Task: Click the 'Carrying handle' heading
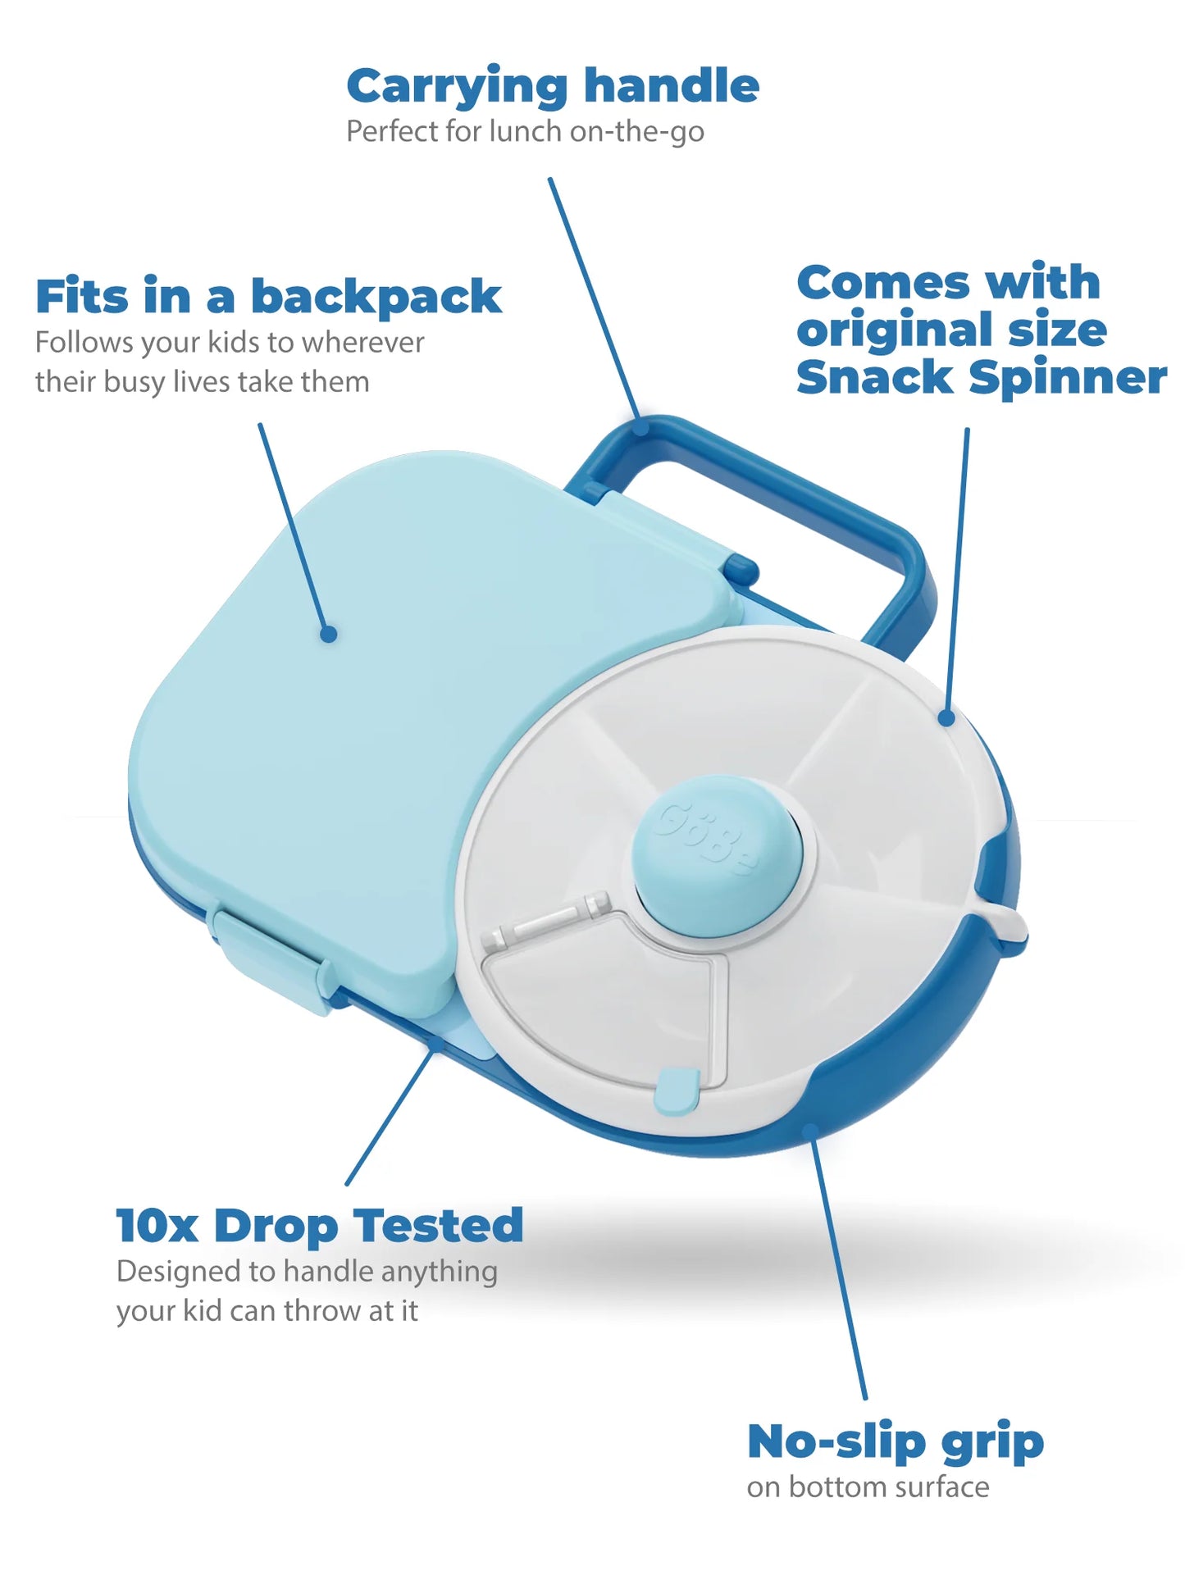click(x=552, y=87)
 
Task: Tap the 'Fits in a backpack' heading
click(x=268, y=297)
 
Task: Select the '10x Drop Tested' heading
click(x=319, y=1226)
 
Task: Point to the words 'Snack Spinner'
click(x=981, y=378)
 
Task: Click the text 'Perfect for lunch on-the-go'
click(x=525, y=132)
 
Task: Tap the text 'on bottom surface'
click(x=868, y=1487)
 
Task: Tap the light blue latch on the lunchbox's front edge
click(x=271, y=955)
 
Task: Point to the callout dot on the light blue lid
click(x=329, y=634)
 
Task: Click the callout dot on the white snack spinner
click(x=946, y=718)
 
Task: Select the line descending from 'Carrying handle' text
click(x=595, y=299)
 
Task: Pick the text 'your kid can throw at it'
click(x=267, y=1311)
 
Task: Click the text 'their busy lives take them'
click(x=202, y=382)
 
